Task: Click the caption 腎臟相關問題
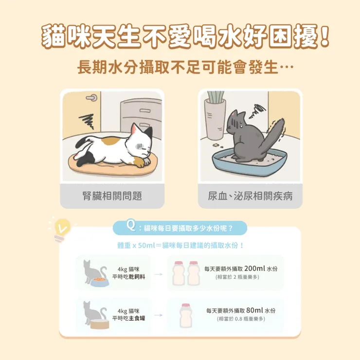pyautogui.click(x=112, y=196)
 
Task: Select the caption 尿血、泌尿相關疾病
pyautogui.click(x=250, y=196)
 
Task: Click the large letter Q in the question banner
pyautogui.click(x=130, y=226)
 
